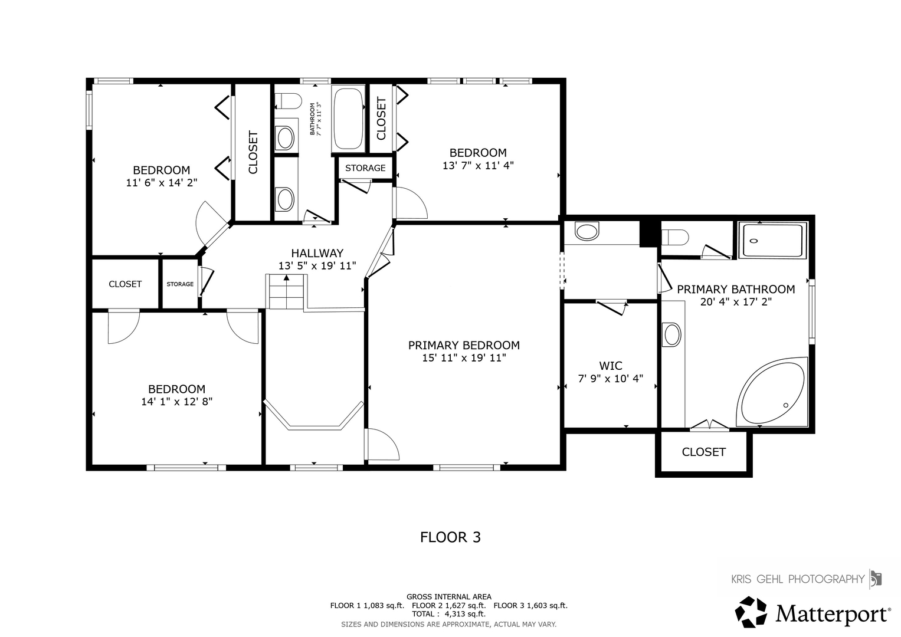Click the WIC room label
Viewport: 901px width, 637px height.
tap(611, 366)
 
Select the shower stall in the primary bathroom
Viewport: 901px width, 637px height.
tap(772, 240)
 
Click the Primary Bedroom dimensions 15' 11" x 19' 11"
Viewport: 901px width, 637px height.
tap(464, 358)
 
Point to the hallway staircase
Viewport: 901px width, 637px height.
tap(286, 291)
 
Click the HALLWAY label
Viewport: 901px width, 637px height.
tap(317, 253)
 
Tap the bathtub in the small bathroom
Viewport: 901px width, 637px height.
tap(348, 119)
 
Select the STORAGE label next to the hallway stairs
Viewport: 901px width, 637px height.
tap(180, 284)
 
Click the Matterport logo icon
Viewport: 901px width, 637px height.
tap(751, 612)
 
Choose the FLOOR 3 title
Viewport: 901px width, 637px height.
tap(451, 537)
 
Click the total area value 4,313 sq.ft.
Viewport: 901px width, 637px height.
tap(465, 614)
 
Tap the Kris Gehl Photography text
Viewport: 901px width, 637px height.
tap(798, 579)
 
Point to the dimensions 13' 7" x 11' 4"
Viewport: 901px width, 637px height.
tap(479, 166)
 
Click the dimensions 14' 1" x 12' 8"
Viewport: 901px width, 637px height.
tap(176, 402)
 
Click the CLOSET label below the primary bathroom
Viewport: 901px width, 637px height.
tap(703, 452)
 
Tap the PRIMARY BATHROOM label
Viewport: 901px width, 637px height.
tap(736, 289)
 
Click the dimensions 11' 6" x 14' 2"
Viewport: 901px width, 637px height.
tap(162, 183)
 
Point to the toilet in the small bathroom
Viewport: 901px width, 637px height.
tap(288, 101)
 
